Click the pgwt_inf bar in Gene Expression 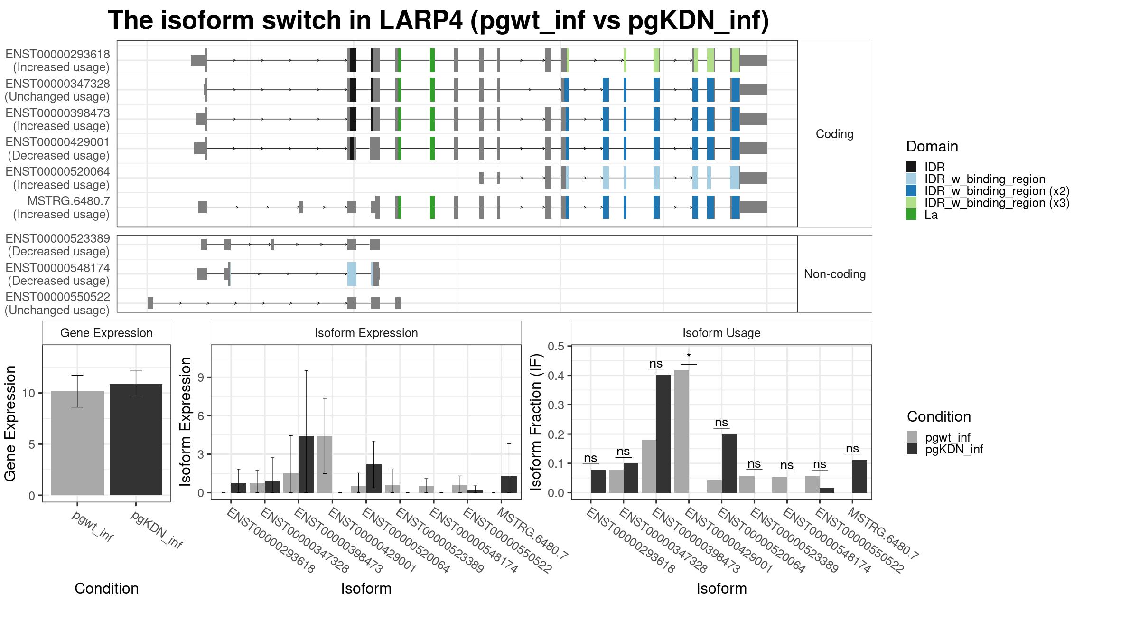[x=77, y=443]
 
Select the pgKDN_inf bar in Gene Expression [x=136, y=440]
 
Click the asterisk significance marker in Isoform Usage [x=689, y=356]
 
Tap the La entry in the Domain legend [x=931, y=215]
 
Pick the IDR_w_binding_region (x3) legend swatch [x=911, y=203]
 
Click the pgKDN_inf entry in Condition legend [x=954, y=449]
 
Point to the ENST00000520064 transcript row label [x=58, y=178]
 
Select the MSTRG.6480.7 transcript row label [x=62, y=207]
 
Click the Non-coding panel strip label [x=835, y=274]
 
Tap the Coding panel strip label [x=834, y=134]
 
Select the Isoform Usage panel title [x=721, y=333]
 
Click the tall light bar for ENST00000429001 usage [x=682, y=432]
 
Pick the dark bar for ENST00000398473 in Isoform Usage [x=663, y=434]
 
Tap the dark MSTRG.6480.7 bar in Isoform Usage [x=859, y=476]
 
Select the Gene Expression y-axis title [x=10, y=423]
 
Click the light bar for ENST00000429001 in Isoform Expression [x=325, y=464]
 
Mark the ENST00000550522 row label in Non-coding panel [x=57, y=303]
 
